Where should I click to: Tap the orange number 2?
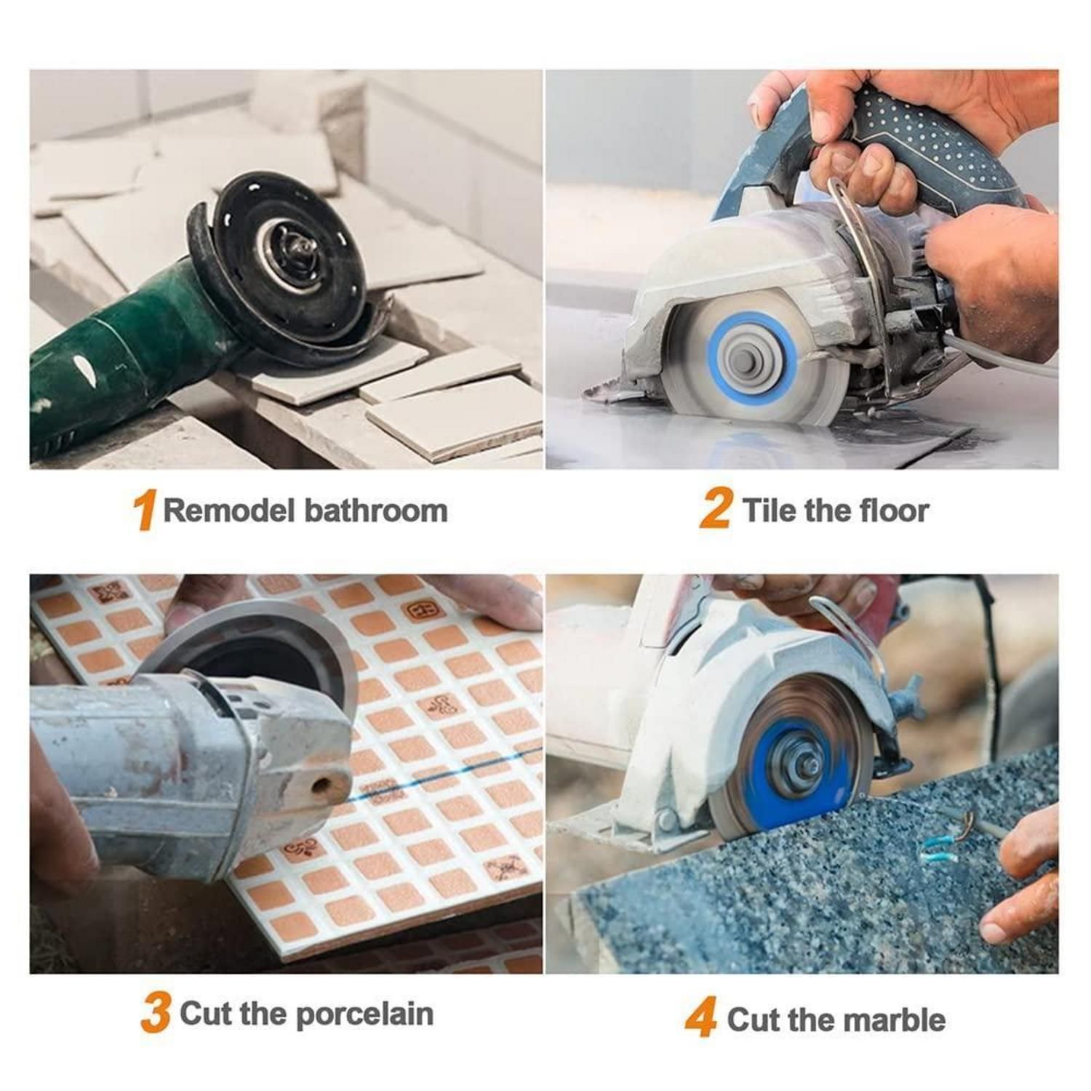tap(715, 508)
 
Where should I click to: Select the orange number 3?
tap(156, 1012)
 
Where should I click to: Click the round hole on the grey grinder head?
tap(320, 786)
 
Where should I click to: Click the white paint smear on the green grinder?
tap(89, 371)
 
